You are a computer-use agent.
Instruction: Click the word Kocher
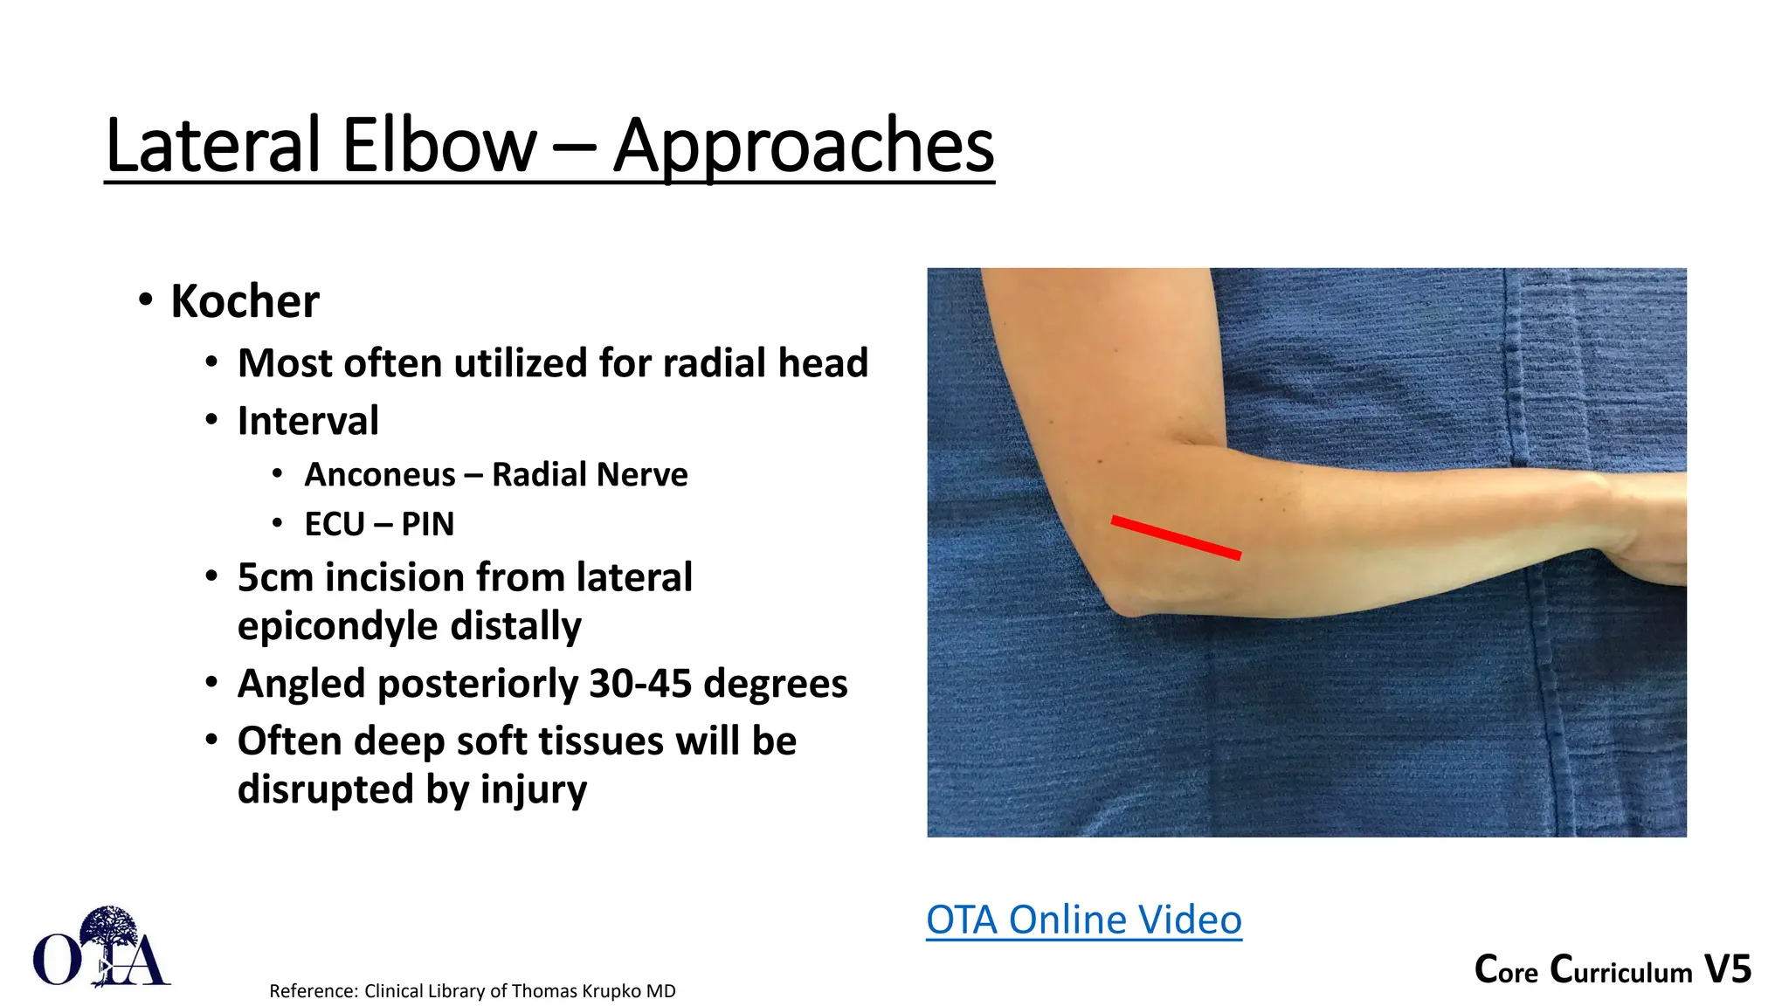click(x=245, y=302)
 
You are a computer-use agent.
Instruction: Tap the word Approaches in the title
click(x=803, y=145)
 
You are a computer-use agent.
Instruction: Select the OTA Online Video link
click(x=1083, y=920)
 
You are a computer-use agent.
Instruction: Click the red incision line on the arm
click(x=1176, y=537)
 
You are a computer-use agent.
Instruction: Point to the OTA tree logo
click(x=101, y=948)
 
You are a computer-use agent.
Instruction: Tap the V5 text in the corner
click(x=1727, y=970)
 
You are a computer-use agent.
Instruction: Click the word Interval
click(x=308, y=421)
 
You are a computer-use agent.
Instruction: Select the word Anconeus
click(x=380, y=475)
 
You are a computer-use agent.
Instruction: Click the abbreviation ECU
click(x=335, y=525)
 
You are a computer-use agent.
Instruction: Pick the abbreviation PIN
click(x=427, y=525)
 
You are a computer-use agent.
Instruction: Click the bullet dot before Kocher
click(x=146, y=300)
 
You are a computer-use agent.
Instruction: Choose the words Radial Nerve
click(x=590, y=475)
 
